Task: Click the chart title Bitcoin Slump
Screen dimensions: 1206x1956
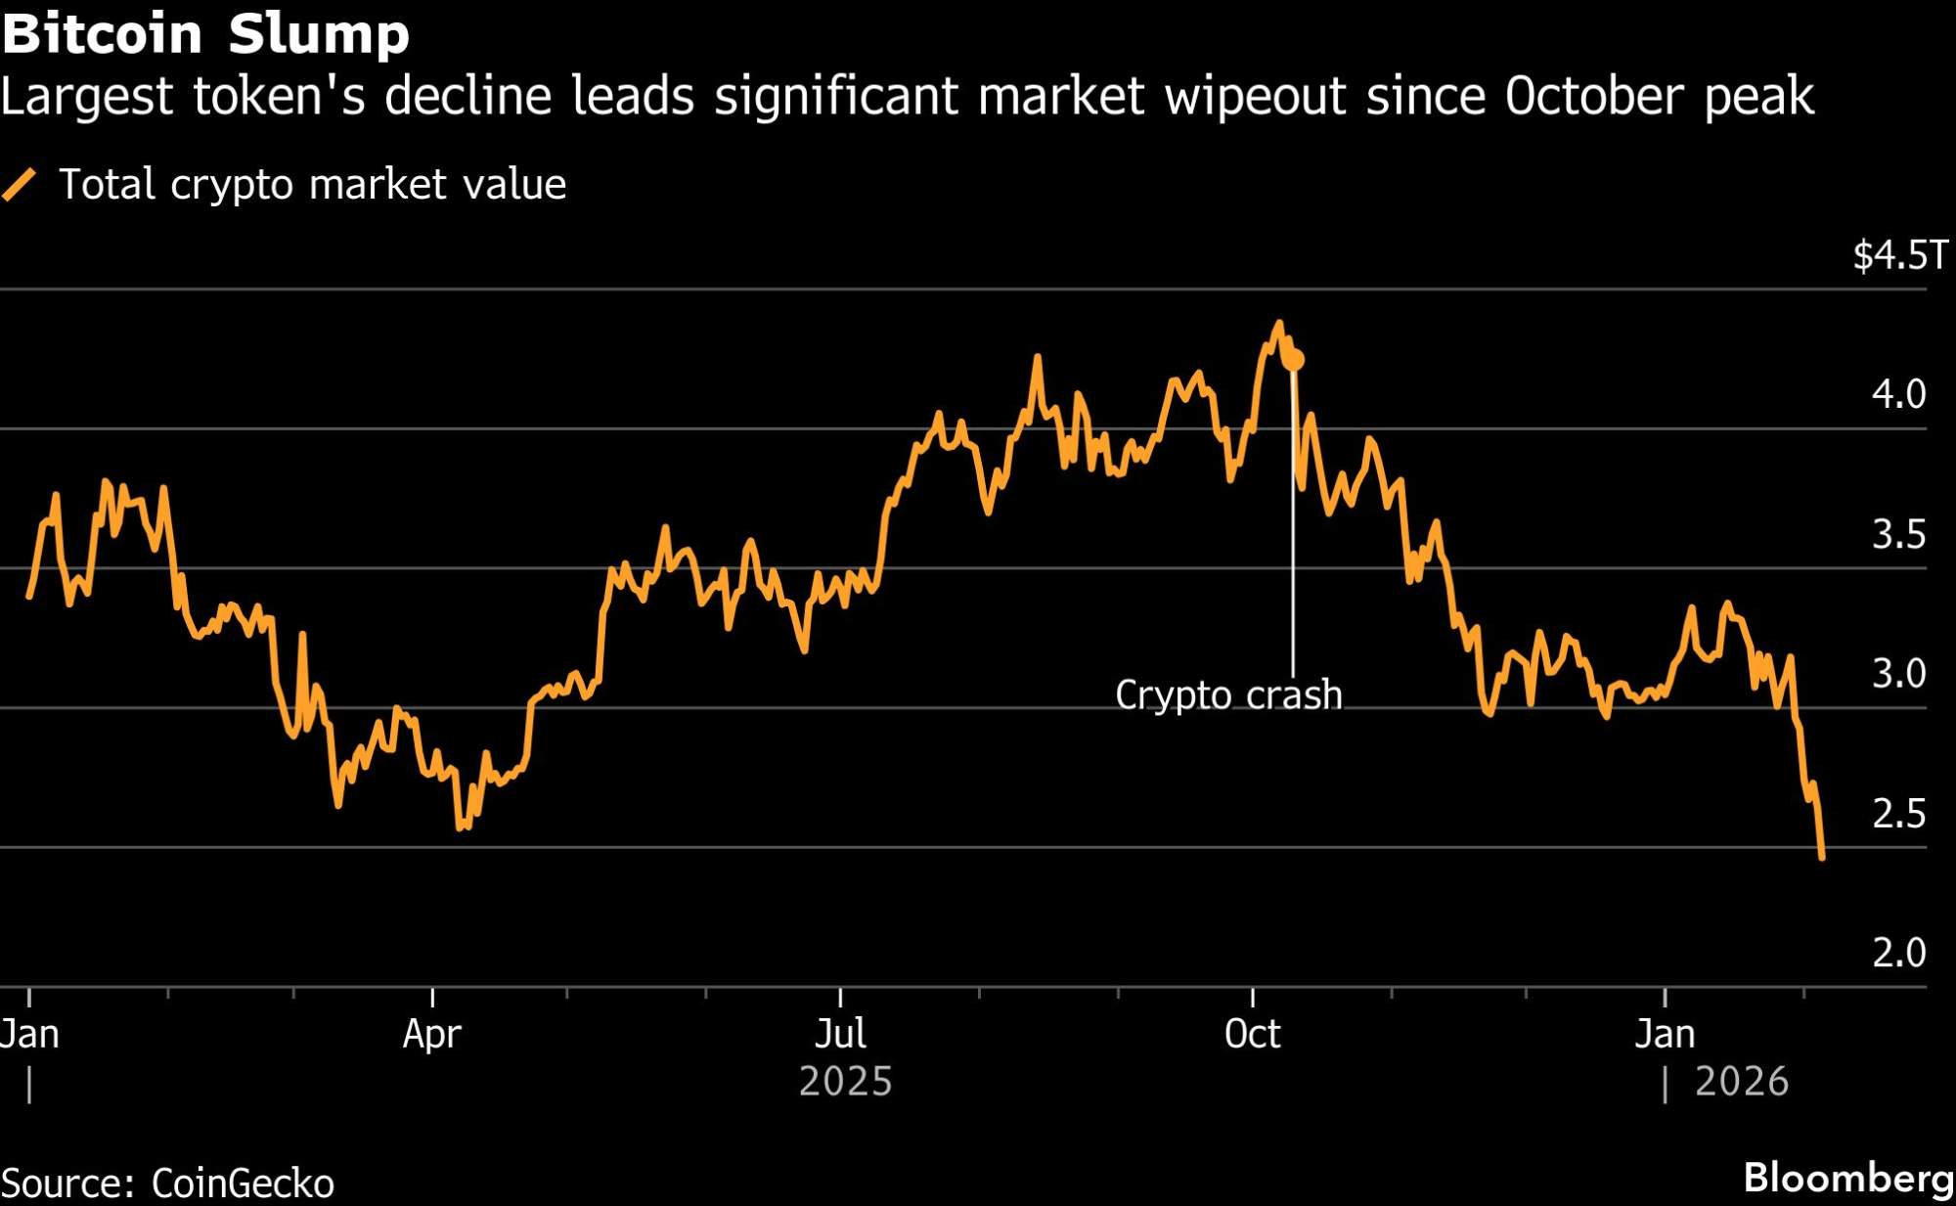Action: pos(205,34)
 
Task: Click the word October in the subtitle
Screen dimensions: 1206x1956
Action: pos(1595,97)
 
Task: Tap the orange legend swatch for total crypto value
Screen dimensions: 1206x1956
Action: pos(20,184)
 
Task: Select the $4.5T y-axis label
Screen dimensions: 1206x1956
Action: pos(1900,255)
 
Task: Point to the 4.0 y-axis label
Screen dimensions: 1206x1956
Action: pos(1898,394)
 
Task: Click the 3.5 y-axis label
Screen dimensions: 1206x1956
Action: pos(1898,534)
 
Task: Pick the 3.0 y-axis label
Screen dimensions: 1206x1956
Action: pos(1898,674)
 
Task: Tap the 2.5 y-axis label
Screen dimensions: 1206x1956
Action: pos(1898,814)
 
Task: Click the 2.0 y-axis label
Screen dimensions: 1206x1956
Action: pos(1898,953)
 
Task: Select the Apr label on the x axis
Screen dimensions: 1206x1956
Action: pos(431,1034)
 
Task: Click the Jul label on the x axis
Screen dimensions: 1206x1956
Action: pos(840,1034)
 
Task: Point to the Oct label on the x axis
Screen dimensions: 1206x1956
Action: pos(1252,1034)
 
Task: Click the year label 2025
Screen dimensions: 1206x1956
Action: pos(845,1082)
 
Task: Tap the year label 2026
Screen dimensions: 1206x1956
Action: pos(1741,1082)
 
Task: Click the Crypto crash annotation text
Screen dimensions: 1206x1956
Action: pos(1228,695)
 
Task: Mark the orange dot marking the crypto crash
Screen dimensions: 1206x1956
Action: pos(1293,360)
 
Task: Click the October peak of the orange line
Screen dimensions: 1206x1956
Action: pos(1278,323)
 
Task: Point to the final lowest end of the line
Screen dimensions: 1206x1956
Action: pos(1822,858)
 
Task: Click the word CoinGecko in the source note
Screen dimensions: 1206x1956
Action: pos(243,1184)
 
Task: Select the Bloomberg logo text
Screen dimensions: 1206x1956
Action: pos(1848,1179)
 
